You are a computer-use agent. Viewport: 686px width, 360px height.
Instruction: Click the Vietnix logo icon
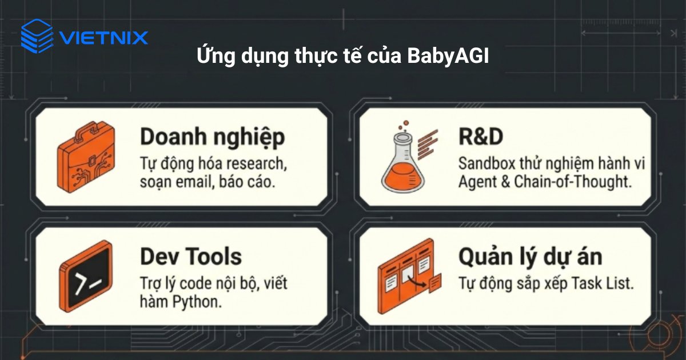pyautogui.click(x=37, y=36)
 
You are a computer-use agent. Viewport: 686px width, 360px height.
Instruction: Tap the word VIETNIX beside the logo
pyautogui.click(x=103, y=38)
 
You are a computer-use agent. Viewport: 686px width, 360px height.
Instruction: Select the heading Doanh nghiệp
pyautogui.click(x=212, y=138)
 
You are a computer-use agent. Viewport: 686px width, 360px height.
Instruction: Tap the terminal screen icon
pyautogui.click(x=85, y=277)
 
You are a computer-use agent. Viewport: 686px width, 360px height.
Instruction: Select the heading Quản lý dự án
pyautogui.click(x=530, y=257)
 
